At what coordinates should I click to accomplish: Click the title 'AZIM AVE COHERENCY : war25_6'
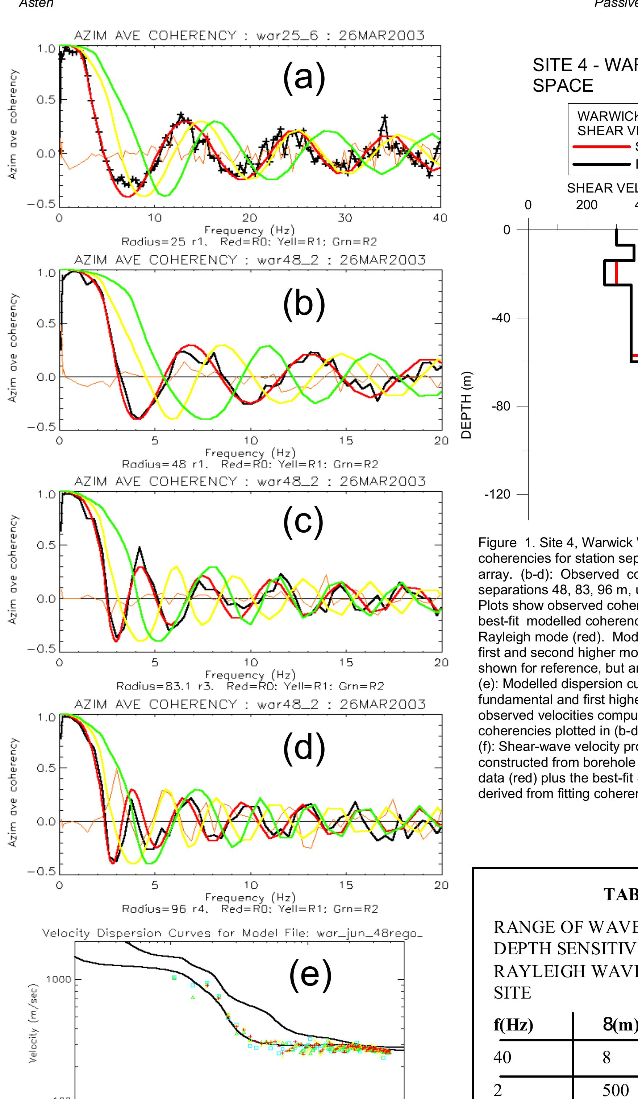pyautogui.click(x=249, y=35)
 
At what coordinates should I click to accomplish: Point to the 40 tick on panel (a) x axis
pyautogui.click(x=440, y=218)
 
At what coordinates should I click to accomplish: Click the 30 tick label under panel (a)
pyautogui.click(x=345, y=218)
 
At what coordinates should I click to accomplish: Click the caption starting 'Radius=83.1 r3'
pyautogui.click(x=250, y=686)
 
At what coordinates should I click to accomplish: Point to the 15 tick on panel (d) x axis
pyautogui.click(x=346, y=885)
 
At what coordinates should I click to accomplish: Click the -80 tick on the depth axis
pyautogui.click(x=501, y=406)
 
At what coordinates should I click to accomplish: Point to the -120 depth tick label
pyautogui.click(x=497, y=494)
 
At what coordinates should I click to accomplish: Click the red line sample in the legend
pyautogui.click(x=601, y=147)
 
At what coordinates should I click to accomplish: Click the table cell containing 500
pyautogui.click(x=615, y=1090)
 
